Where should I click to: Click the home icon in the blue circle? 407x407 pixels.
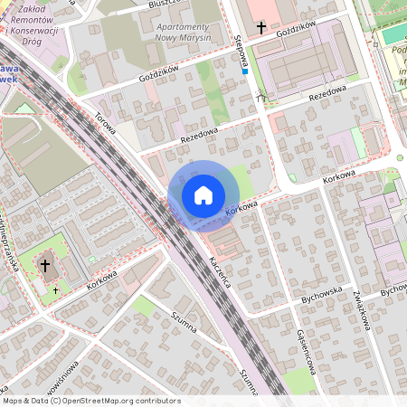(x=203, y=195)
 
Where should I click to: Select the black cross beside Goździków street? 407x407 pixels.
(x=261, y=28)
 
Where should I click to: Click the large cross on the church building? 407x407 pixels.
(x=45, y=266)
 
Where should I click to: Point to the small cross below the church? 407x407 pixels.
(x=55, y=289)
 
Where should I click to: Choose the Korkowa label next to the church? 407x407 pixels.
(x=102, y=279)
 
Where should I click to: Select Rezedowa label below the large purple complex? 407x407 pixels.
(x=328, y=94)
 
